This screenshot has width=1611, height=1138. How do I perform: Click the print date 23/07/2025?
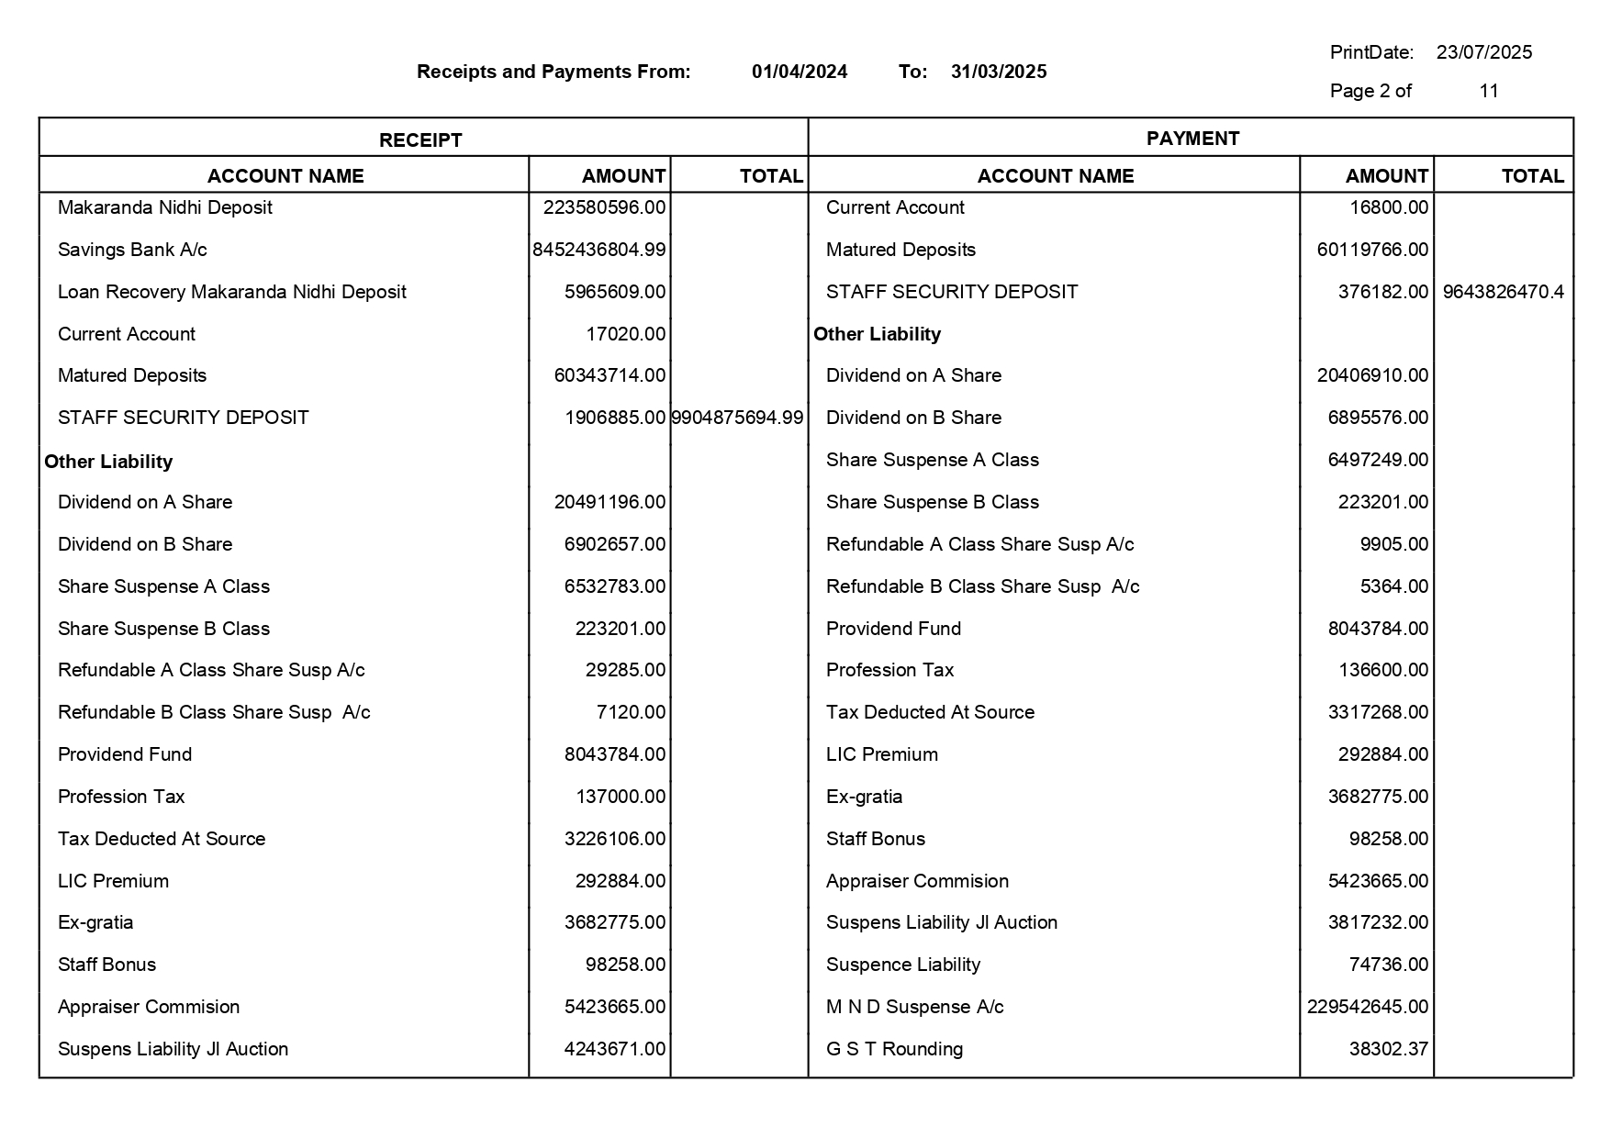click(x=1483, y=52)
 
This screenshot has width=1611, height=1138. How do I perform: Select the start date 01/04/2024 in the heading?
click(x=799, y=72)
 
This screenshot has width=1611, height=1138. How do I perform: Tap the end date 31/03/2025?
click(x=998, y=72)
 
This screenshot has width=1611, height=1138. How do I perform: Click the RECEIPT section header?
click(x=420, y=139)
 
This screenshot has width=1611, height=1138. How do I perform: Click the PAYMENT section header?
click(x=1191, y=139)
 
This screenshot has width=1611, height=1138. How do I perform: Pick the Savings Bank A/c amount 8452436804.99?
click(x=599, y=250)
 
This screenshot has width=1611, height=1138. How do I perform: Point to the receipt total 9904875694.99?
click(x=737, y=418)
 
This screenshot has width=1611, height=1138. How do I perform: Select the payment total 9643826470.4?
click(x=1503, y=292)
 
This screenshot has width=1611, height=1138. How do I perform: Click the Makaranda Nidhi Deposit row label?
click(x=165, y=207)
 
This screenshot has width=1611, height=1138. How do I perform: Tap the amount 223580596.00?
click(x=604, y=207)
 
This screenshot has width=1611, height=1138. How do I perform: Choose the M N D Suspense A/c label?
click(x=914, y=1007)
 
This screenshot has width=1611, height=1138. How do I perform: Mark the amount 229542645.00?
click(x=1368, y=1007)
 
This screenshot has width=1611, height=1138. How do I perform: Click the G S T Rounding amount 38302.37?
click(x=1388, y=1049)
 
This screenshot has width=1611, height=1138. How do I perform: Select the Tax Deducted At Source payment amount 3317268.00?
click(x=1378, y=712)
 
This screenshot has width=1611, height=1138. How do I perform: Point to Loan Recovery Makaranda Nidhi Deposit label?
click(x=231, y=292)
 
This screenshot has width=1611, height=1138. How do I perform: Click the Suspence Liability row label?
click(x=902, y=965)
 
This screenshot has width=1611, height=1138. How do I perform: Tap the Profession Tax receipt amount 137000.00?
click(x=620, y=797)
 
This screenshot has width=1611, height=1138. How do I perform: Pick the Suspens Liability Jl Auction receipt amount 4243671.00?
click(x=614, y=1049)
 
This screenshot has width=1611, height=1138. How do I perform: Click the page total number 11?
click(x=1488, y=91)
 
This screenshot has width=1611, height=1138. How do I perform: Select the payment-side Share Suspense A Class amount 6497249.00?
click(x=1378, y=460)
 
